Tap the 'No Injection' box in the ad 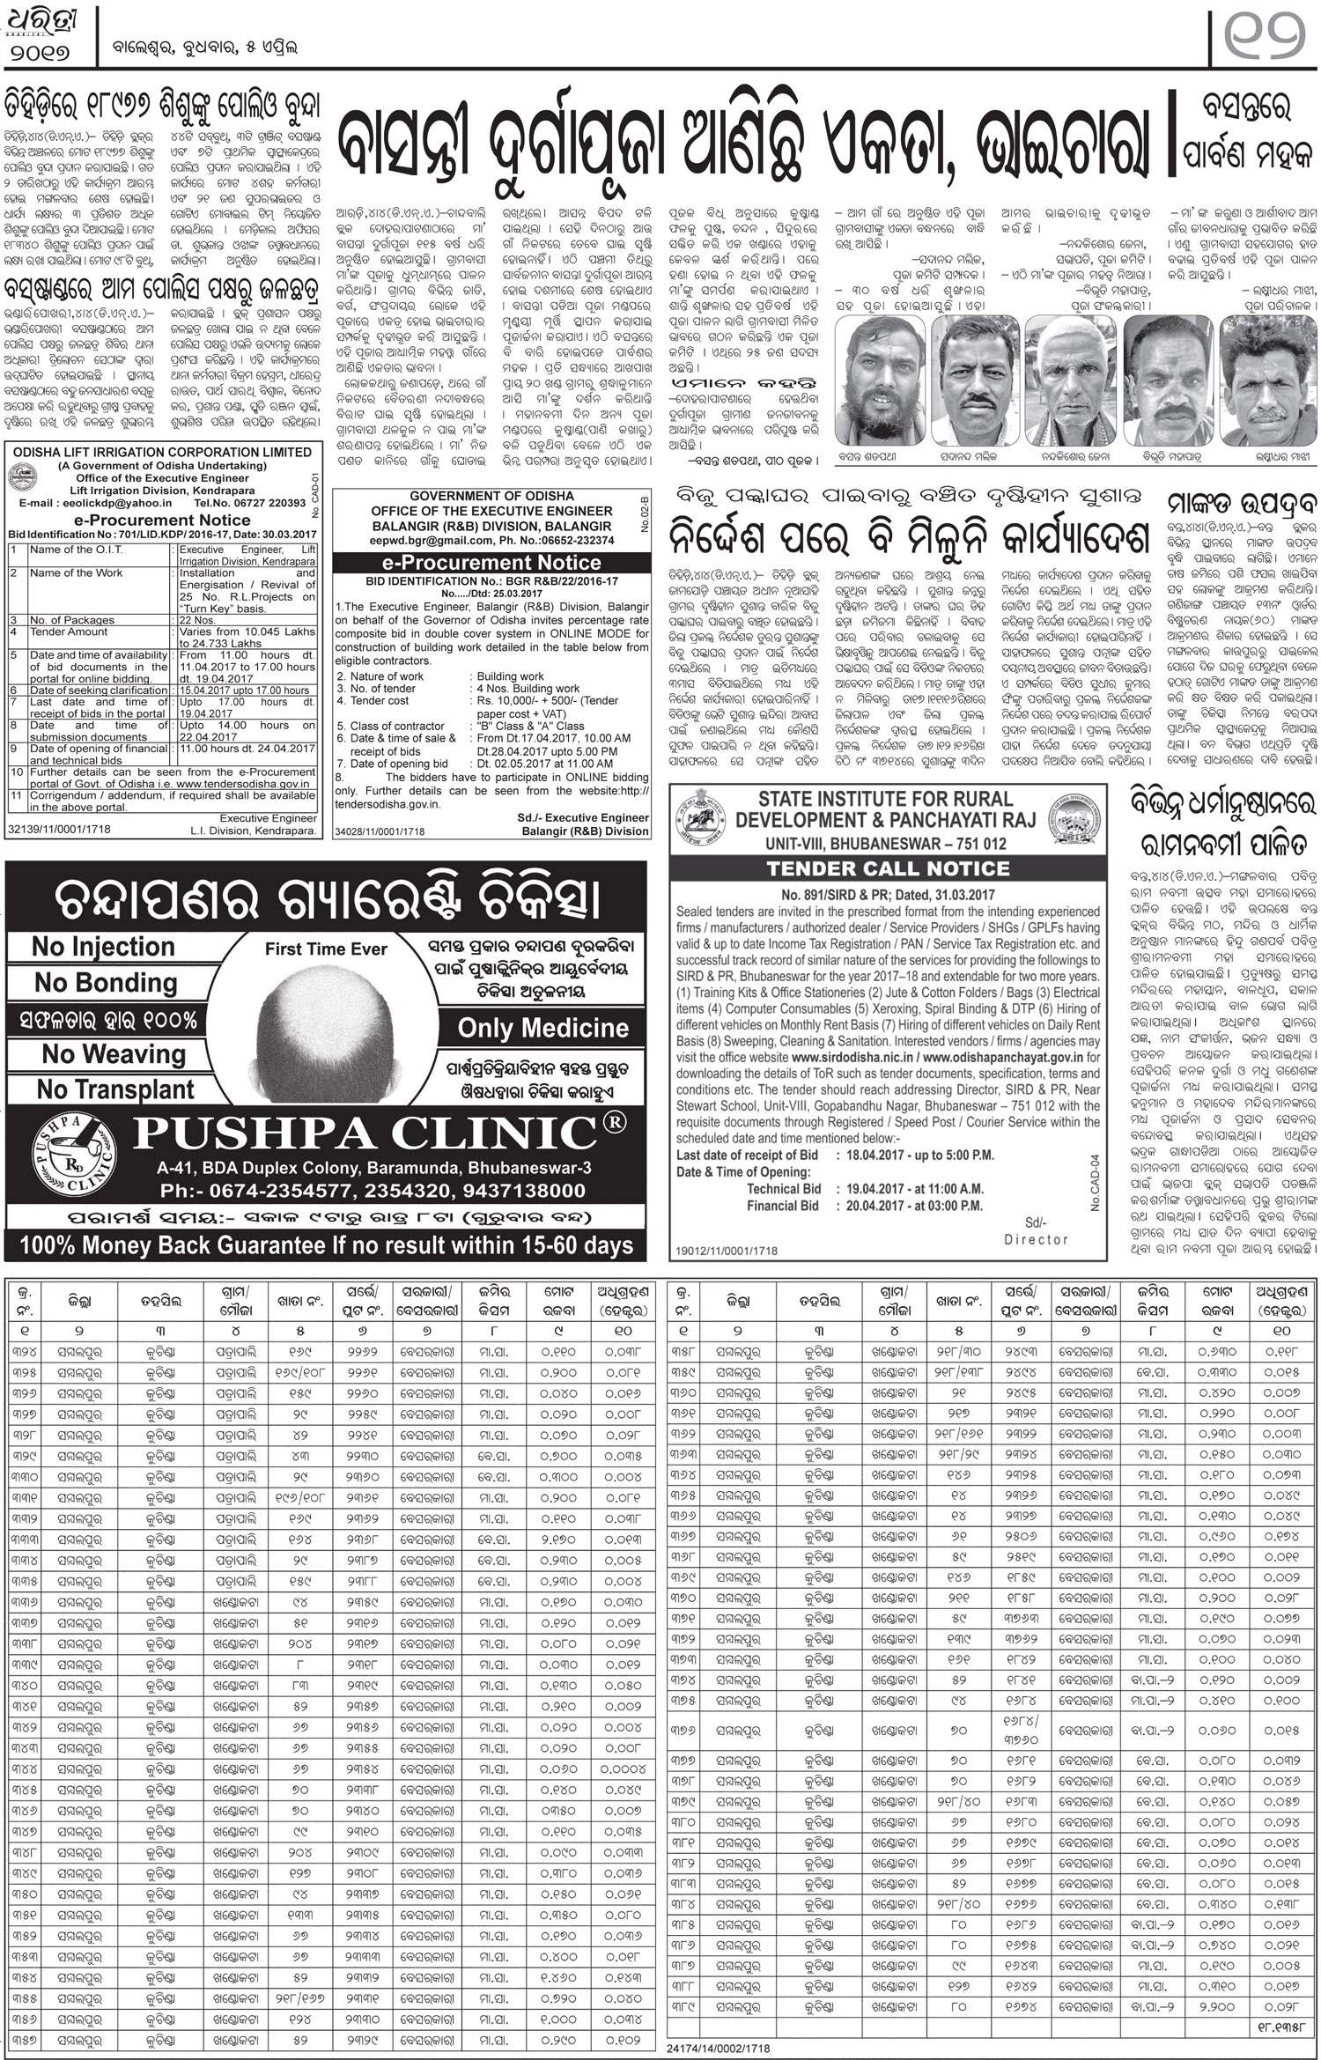103,947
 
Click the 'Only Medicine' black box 542,1028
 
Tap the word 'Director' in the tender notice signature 1036,1239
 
